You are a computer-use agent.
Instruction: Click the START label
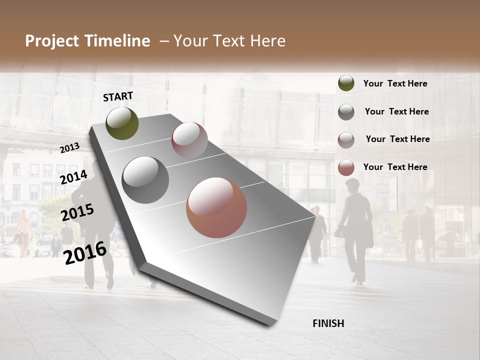tap(118, 96)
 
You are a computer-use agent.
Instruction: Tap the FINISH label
tap(328, 323)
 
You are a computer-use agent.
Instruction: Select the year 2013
tap(69, 148)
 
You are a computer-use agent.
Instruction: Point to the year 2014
tap(73, 177)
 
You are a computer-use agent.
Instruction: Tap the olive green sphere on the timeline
tap(122, 123)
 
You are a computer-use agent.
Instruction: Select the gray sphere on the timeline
tap(145, 180)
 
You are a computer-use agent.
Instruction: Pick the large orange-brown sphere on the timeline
tap(216, 207)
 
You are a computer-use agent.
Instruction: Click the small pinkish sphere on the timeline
tap(189, 139)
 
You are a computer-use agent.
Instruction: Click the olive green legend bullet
tap(346, 83)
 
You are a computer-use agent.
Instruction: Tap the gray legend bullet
tap(346, 112)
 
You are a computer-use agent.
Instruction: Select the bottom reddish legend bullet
tap(346, 167)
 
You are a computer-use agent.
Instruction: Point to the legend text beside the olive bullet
tap(395, 83)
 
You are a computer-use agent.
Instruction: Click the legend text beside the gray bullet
tap(396, 111)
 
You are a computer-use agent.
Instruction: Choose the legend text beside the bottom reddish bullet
tap(395, 167)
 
